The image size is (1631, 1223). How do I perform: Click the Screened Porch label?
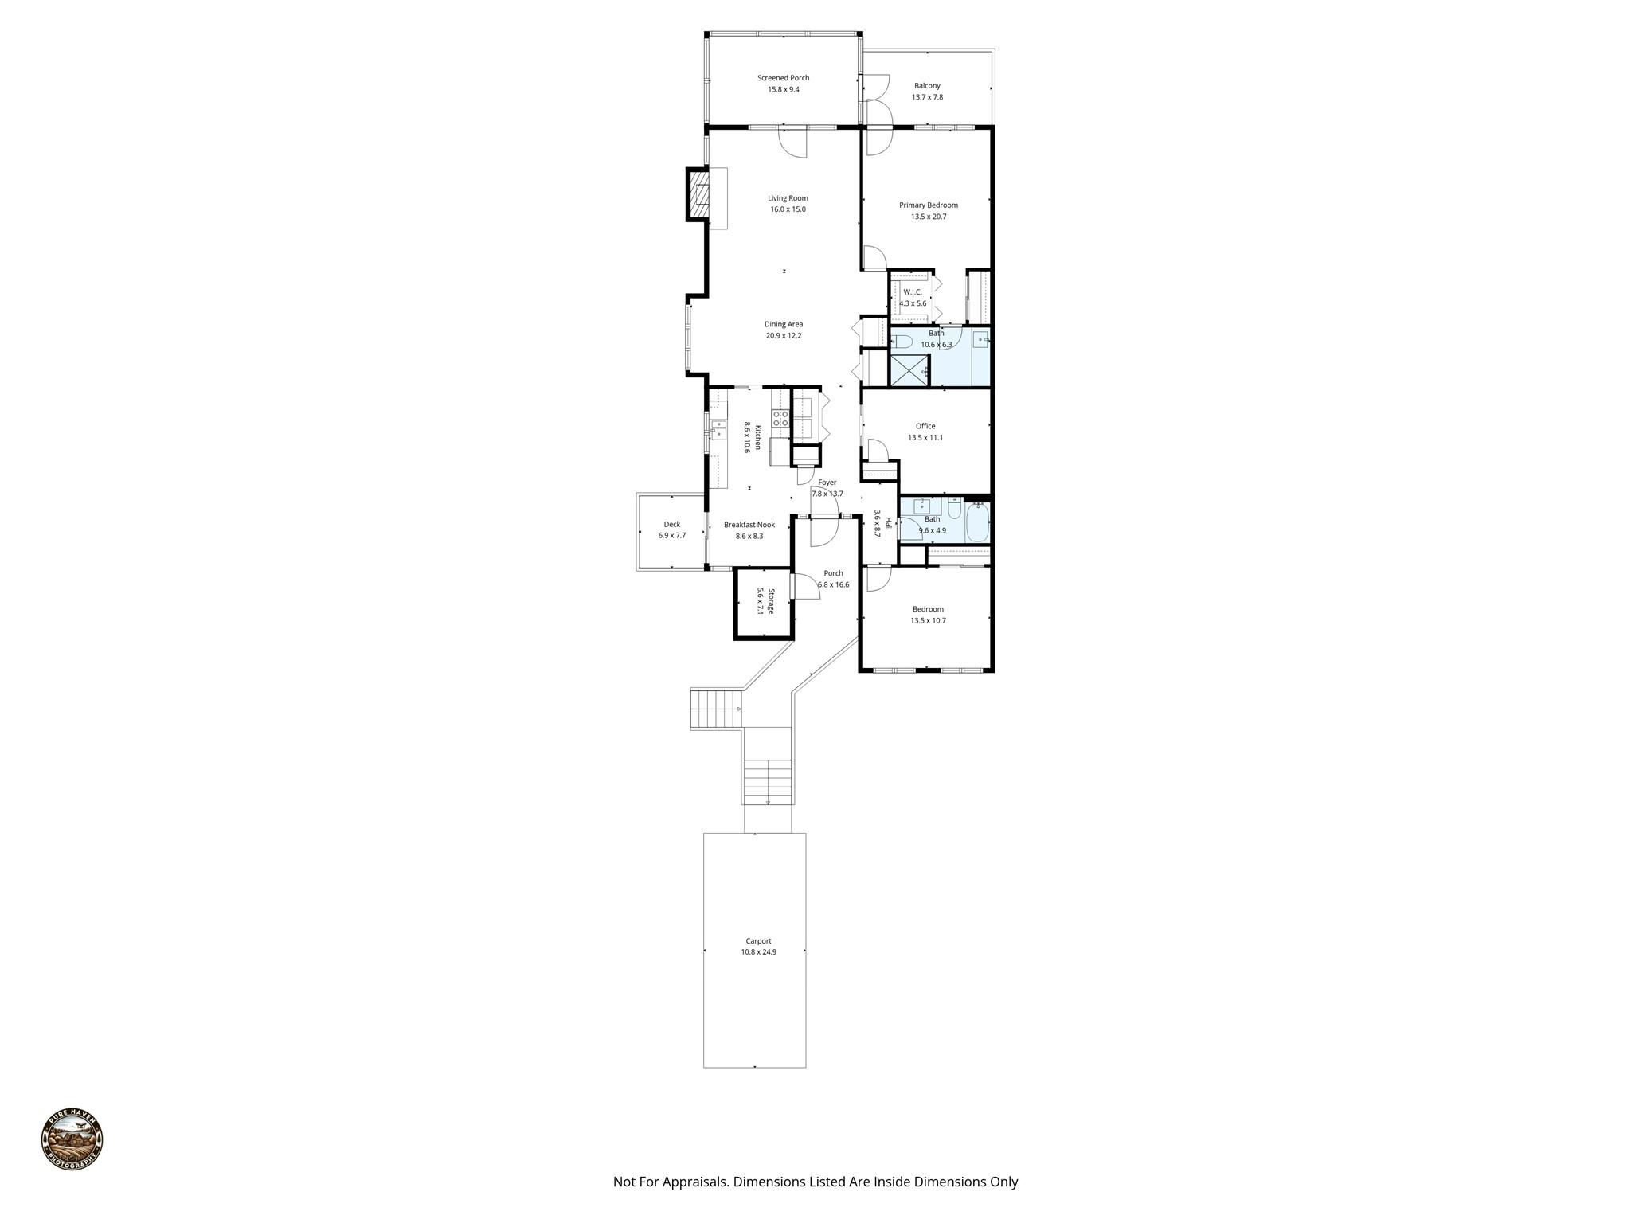click(x=783, y=78)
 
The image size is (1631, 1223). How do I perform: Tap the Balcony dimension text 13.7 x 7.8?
click(x=927, y=97)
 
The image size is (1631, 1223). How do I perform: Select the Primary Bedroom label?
click(x=929, y=205)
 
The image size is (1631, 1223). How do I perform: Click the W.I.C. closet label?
click(x=913, y=292)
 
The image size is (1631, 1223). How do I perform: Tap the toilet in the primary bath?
click(x=901, y=342)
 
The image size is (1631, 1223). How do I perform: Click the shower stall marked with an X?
click(x=909, y=371)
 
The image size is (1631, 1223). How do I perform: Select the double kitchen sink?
click(x=162, y=431)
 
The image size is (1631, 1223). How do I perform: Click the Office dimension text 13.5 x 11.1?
click(x=925, y=437)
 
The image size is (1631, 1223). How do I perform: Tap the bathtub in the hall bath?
click(x=976, y=522)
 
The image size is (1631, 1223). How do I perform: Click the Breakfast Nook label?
click(x=749, y=525)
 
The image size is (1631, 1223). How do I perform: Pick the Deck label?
click(x=672, y=525)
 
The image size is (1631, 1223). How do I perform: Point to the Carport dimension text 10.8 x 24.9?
click(x=758, y=952)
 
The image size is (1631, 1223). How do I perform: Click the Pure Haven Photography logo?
click(x=72, y=1139)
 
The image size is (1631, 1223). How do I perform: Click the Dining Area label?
click(x=784, y=324)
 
